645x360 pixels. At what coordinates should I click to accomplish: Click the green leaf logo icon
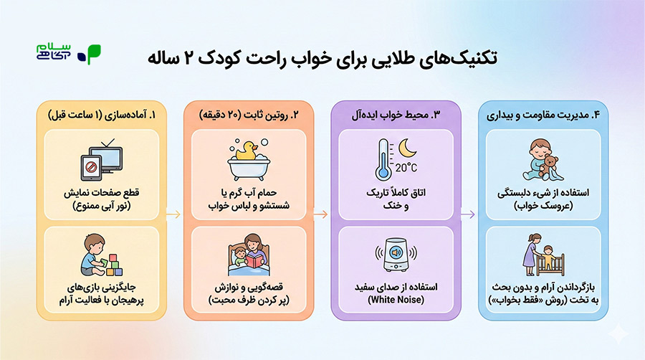[x=91, y=55]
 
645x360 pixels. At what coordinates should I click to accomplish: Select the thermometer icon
[x=384, y=159]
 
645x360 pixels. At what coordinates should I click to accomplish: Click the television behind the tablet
[x=107, y=158]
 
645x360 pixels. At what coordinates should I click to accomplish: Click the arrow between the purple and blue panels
[x=468, y=214]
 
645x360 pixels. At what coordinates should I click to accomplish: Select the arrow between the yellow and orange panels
[x=173, y=214]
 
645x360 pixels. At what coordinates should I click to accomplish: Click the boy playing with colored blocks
[x=92, y=256]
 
